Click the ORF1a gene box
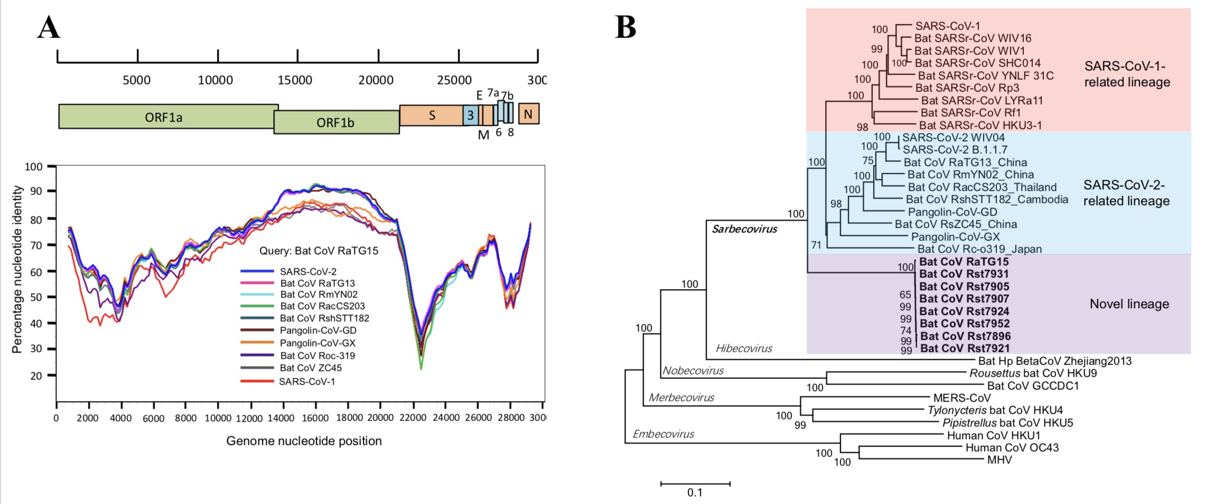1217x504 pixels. (x=164, y=117)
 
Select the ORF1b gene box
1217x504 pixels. (x=335, y=123)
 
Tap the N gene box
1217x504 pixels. (x=528, y=114)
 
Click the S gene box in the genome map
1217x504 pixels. (x=432, y=115)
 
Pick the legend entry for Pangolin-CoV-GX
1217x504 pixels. (x=317, y=343)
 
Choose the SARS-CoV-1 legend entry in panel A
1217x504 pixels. (x=307, y=381)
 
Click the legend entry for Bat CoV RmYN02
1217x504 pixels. (x=319, y=294)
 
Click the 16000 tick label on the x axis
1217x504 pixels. (x=315, y=418)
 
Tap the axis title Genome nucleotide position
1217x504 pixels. (x=304, y=441)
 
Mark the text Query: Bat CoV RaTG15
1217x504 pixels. (x=319, y=250)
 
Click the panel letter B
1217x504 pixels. (x=625, y=27)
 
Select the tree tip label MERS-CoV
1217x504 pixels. (x=962, y=398)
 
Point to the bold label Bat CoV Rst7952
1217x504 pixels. (x=965, y=323)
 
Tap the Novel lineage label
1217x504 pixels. (x=1129, y=304)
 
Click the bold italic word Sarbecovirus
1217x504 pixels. (x=744, y=229)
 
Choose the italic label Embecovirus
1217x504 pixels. (x=663, y=434)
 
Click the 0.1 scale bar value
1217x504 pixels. (x=695, y=492)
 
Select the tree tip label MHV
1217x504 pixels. (x=999, y=460)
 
